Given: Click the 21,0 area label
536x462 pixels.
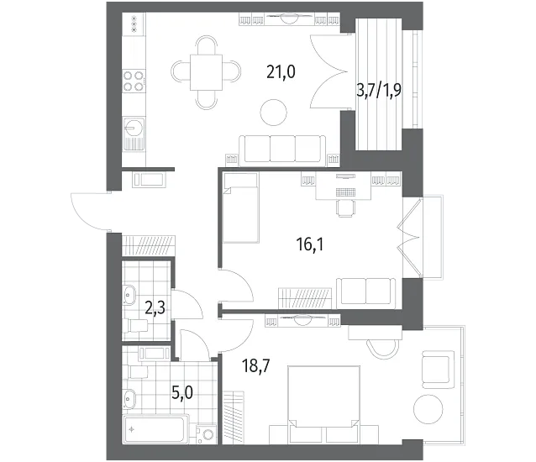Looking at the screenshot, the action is pos(281,72).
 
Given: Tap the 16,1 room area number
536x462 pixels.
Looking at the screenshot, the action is pos(310,244).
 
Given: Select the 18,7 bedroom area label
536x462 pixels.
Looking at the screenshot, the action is pos(256,366).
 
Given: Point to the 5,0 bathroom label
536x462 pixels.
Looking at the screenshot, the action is pos(182,393).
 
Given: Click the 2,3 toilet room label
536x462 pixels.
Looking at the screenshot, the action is pos(155,307).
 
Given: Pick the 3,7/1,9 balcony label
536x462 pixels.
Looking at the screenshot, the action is pos(379,91).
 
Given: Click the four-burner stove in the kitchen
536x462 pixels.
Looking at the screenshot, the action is pos(134,81).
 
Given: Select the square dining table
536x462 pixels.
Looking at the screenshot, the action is pos(206,72).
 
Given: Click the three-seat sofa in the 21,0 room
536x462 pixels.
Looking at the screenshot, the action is pos(282,149).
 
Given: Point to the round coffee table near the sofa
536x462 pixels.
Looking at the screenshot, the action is pos(273,113).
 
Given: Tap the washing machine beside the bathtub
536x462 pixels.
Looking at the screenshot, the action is pos(207,433).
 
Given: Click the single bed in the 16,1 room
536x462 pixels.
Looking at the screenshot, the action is pos(240,207).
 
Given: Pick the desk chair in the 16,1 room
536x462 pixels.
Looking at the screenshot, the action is pos(346,207).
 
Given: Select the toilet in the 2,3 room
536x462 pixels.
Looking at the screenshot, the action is pos(136,326).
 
